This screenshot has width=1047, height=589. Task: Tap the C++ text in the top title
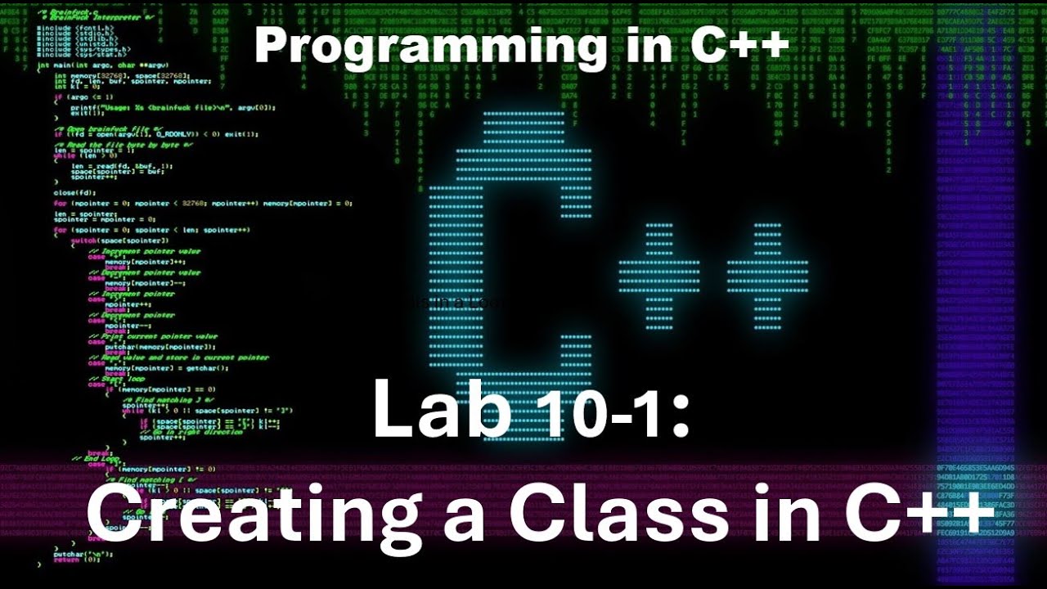[x=739, y=45]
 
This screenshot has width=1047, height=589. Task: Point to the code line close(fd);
[x=74, y=193]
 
